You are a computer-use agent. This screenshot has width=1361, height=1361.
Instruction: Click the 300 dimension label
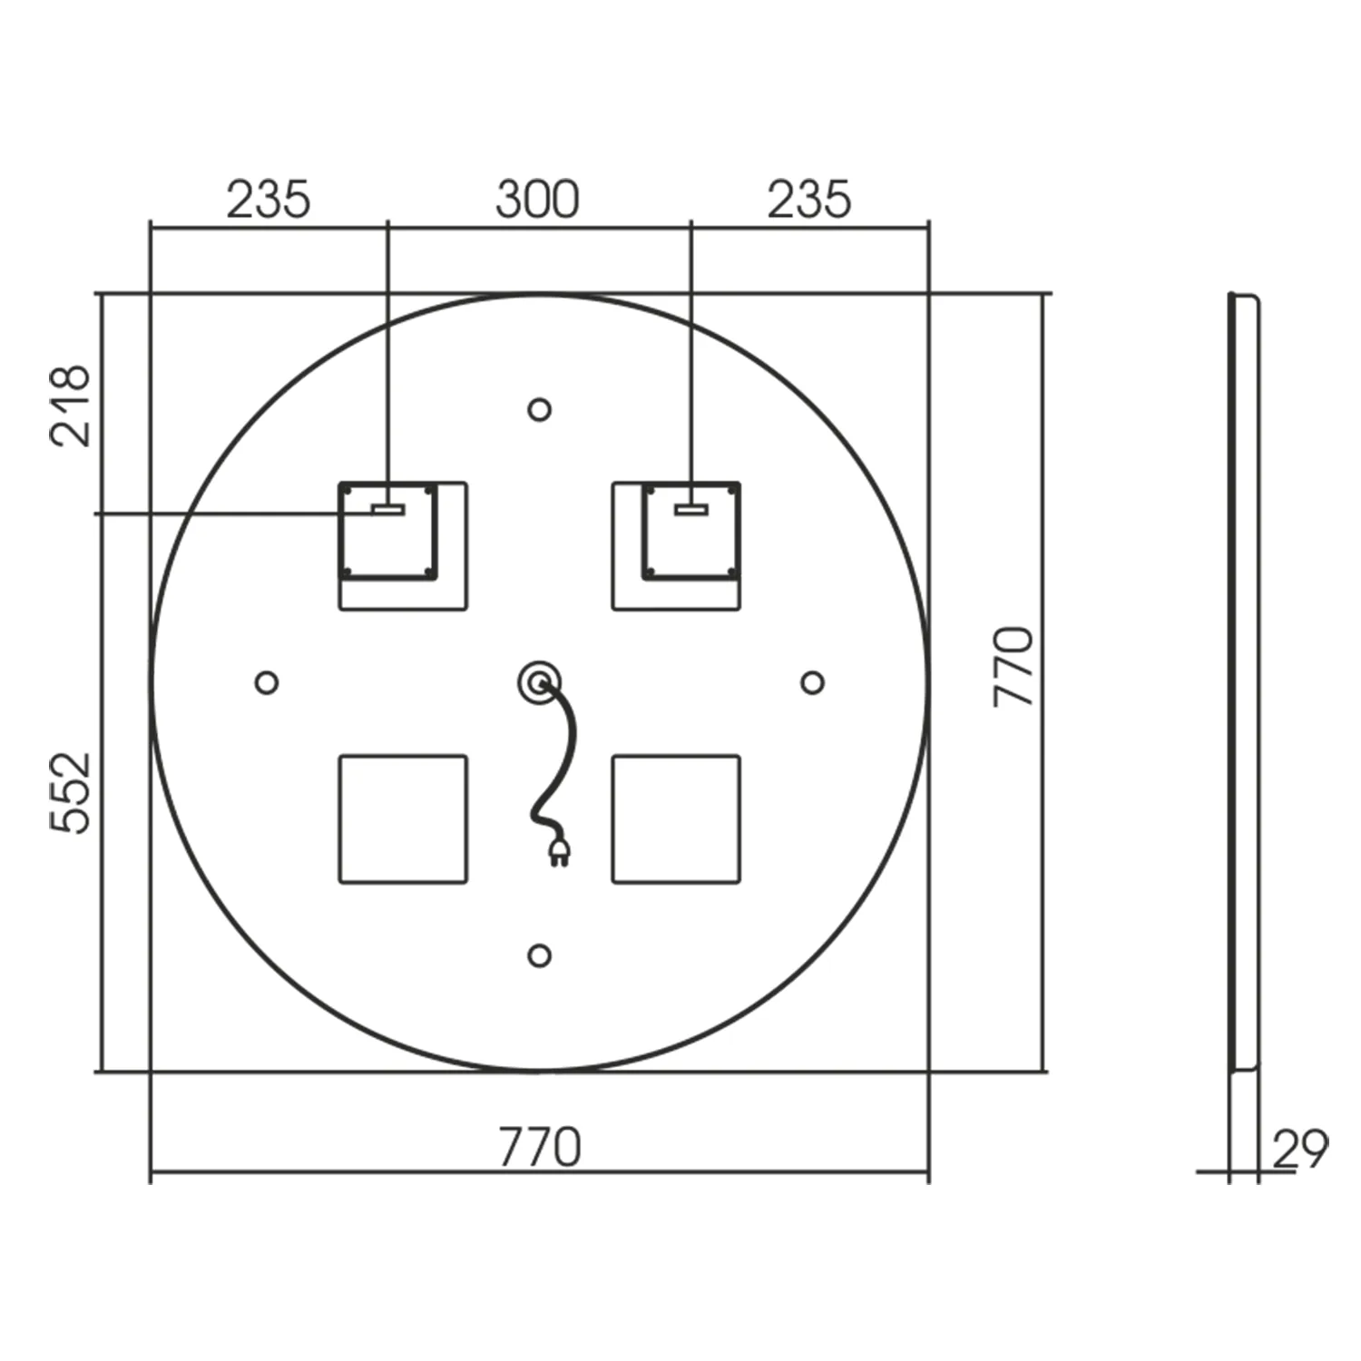click(x=537, y=200)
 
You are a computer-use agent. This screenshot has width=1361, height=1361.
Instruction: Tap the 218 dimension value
click(x=70, y=406)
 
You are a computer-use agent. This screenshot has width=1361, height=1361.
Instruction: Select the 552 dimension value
click(x=70, y=792)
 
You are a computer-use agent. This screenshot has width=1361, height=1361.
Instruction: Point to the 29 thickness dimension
click(x=1300, y=1150)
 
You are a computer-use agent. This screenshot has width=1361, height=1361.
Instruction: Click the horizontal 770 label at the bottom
click(x=539, y=1148)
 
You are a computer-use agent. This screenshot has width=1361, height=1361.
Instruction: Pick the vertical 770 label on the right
click(x=1013, y=667)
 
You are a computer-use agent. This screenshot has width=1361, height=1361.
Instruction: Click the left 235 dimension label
click(x=268, y=200)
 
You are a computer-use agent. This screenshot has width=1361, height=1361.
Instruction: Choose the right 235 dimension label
click(x=809, y=200)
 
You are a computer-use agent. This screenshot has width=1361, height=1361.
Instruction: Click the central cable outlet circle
click(x=539, y=682)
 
